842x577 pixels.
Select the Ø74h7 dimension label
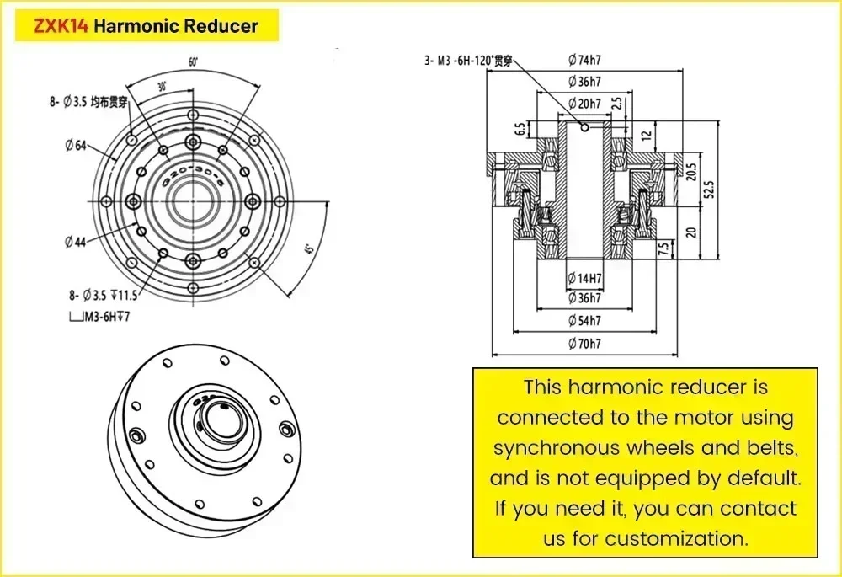tap(584, 59)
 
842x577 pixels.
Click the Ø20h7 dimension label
tap(584, 104)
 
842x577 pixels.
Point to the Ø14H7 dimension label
tap(584, 277)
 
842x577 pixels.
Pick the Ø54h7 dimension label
tap(584, 321)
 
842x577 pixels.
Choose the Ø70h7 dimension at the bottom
tap(584, 343)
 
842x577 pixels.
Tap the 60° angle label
tap(193, 61)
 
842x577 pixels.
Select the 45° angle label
tap(309, 251)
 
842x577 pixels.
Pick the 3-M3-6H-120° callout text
tap(467, 60)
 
